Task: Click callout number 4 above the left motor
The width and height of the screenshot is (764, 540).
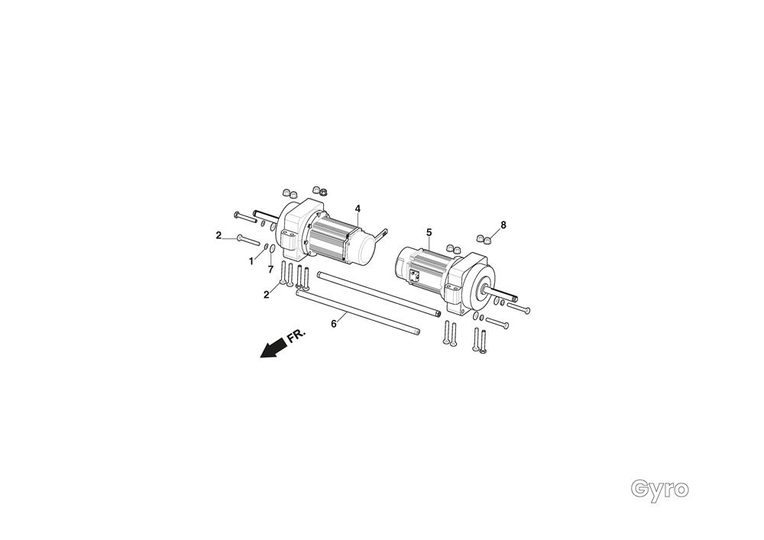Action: [x=358, y=209]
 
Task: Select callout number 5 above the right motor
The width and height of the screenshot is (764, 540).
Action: [x=429, y=231]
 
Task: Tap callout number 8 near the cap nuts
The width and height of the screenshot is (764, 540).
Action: [x=503, y=225]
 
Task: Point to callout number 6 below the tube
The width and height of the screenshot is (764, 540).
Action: [x=333, y=324]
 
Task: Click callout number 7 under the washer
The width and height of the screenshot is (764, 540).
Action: [x=270, y=270]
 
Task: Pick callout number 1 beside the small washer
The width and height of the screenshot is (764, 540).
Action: [x=250, y=261]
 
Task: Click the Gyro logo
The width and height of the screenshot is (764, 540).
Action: [x=660, y=489]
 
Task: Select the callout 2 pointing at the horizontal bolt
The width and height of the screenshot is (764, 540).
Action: [x=219, y=235]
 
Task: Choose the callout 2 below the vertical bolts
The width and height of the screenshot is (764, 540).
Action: [x=267, y=295]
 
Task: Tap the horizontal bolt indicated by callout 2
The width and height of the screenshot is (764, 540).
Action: [x=249, y=241]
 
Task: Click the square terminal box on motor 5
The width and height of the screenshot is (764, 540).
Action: [x=416, y=278]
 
